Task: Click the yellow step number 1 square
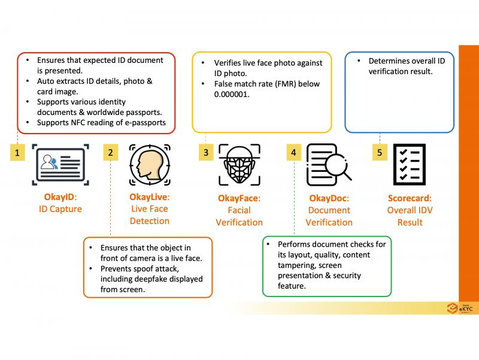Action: click(x=18, y=153)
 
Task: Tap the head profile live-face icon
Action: click(x=146, y=164)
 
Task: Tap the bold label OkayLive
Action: click(x=148, y=197)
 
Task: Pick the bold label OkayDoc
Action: click(x=328, y=198)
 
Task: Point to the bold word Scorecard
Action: click(x=408, y=198)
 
